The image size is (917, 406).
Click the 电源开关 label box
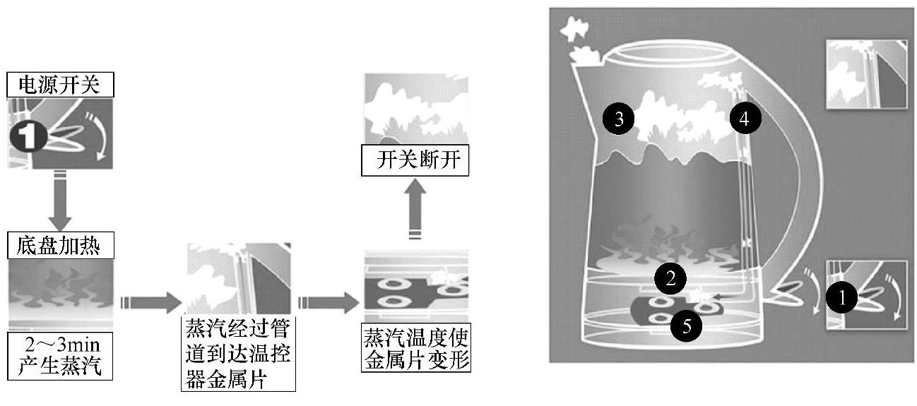click(60, 85)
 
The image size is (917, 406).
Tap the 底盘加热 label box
click(60, 246)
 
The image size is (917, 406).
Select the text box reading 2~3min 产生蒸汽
click(60, 357)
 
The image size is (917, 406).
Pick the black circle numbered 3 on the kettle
click(619, 119)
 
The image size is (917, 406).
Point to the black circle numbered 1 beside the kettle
click(841, 298)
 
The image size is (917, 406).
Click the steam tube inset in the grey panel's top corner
click(866, 73)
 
